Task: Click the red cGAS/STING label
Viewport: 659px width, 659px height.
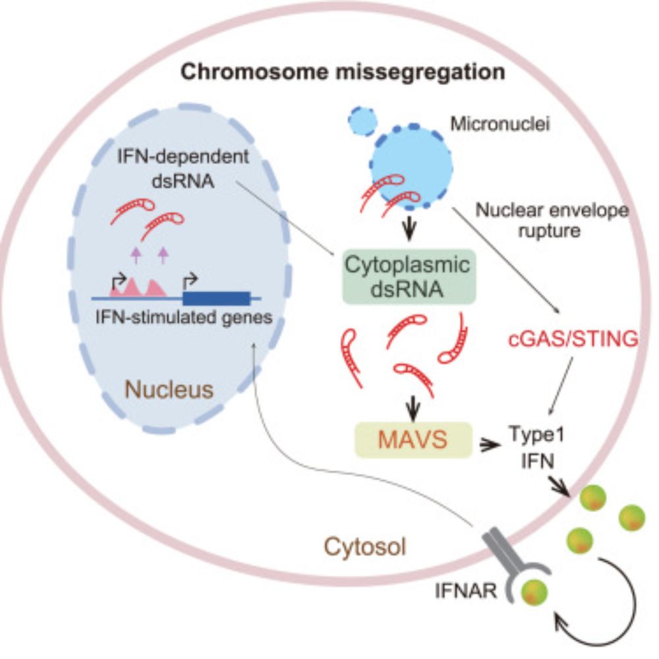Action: pos(573,340)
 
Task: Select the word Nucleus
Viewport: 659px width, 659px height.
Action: pos(169,389)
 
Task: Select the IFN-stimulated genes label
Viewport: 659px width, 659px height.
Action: pos(183,318)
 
